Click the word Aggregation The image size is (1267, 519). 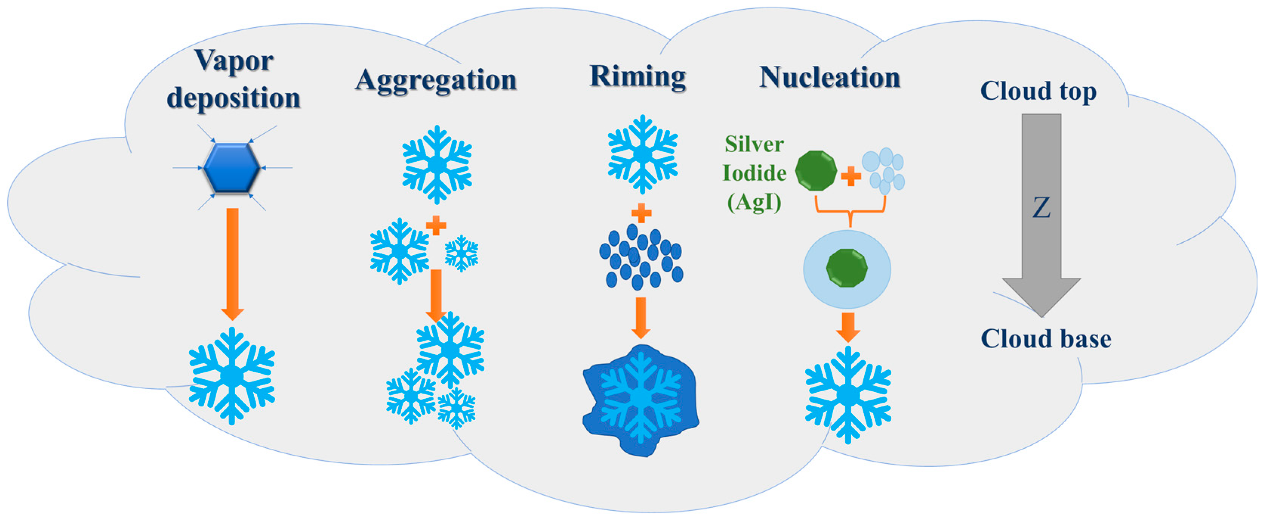click(436, 80)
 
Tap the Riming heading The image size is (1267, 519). click(638, 77)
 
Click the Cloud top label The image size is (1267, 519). click(1038, 91)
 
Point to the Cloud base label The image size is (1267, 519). click(1046, 339)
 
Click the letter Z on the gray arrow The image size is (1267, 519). click(1041, 208)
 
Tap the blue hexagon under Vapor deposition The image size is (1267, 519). click(231, 168)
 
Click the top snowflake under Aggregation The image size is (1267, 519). click(437, 164)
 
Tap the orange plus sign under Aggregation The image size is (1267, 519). click(436, 226)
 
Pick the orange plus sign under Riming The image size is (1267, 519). click(641, 213)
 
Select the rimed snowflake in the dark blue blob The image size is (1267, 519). click(640, 397)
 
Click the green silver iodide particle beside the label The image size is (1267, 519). click(815, 171)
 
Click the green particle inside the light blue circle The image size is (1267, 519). click(846, 268)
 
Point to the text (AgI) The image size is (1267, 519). click(754, 202)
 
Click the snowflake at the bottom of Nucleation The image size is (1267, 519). click(848, 395)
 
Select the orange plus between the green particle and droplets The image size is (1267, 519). click(851, 176)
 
